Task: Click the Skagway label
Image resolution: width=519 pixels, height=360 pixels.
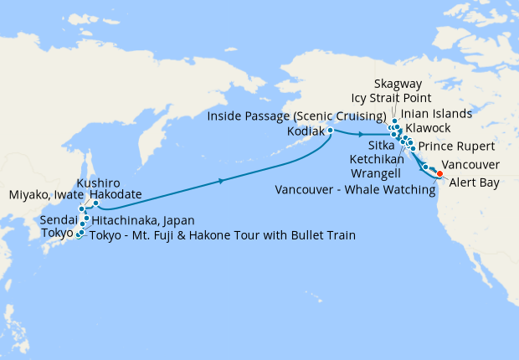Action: pos(398,85)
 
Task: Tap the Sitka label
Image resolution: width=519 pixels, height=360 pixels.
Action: pos(382,145)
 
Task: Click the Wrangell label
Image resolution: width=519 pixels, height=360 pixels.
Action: pos(384,174)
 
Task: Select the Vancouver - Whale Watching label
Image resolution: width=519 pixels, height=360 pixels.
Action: pos(355,190)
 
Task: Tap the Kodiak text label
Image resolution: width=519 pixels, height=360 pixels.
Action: pos(306,131)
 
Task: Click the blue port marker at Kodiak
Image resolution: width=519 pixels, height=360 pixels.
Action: pos(331,131)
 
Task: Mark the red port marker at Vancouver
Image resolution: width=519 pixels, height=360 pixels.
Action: pos(440,174)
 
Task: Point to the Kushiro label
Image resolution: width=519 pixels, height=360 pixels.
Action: pos(98,183)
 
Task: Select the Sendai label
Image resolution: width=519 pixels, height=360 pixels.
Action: pos(60,219)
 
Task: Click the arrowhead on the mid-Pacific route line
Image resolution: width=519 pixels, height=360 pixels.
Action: pos(222,180)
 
